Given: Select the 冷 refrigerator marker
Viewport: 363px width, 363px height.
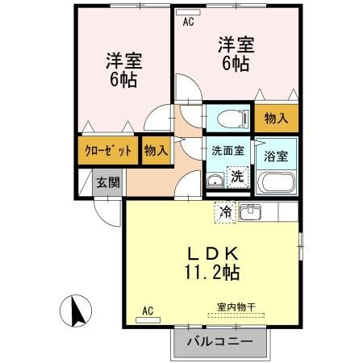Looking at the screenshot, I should point(225,213).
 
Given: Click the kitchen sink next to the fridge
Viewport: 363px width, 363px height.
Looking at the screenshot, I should point(250,213).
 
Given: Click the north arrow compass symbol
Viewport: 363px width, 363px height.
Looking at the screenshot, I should point(75,310).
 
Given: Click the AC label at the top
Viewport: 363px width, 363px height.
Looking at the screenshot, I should point(188,23).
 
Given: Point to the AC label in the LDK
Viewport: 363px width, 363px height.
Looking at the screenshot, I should point(148,310).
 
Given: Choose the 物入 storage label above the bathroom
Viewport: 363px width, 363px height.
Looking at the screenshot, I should point(277,119).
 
